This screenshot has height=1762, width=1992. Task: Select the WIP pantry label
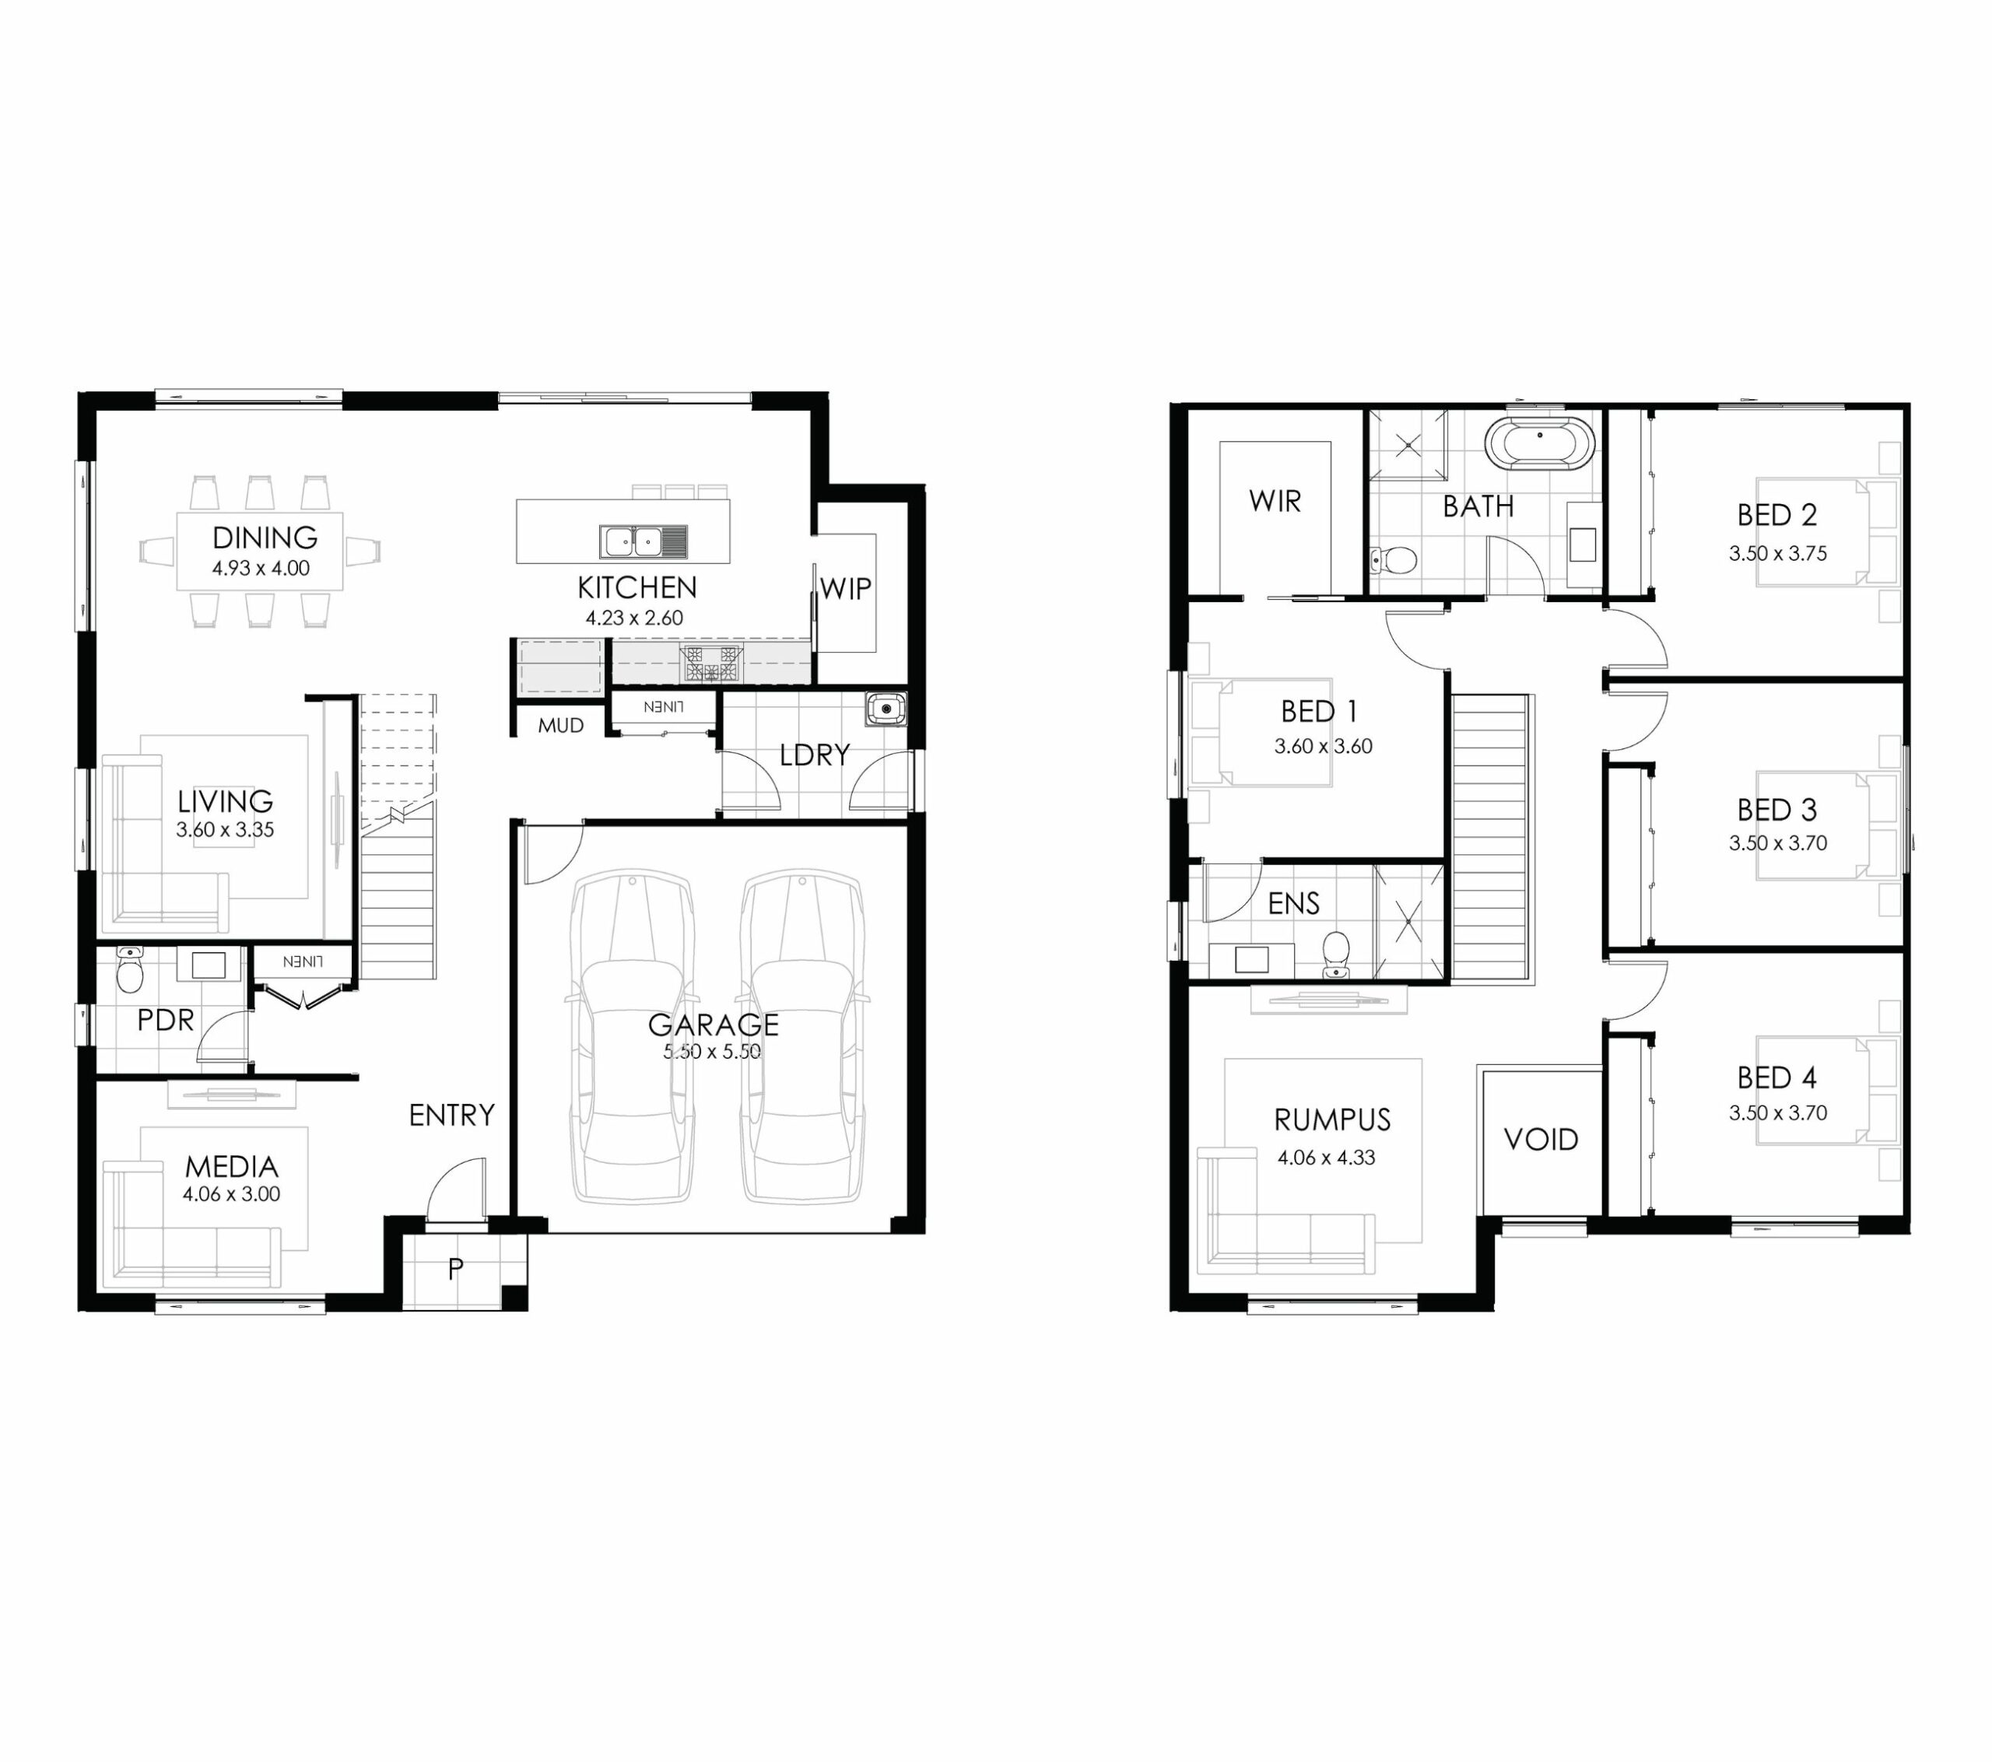pos(845,589)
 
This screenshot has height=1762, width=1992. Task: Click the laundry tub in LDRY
pos(886,709)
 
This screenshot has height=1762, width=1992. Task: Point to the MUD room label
pos(560,725)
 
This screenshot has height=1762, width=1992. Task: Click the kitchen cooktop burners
pos(710,664)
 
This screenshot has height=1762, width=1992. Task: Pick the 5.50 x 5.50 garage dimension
pos(713,1052)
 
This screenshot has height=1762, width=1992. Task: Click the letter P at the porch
pos(455,1269)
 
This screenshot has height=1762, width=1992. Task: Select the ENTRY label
pos(451,1115)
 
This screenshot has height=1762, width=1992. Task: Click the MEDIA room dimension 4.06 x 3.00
pos(231,1194)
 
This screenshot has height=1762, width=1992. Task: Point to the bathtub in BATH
pos(1540,443)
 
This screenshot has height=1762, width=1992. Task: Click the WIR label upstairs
pos(1275,501)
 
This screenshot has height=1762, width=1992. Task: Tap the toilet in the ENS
pos(1336,954)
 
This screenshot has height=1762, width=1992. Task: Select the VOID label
pos(1541,1139)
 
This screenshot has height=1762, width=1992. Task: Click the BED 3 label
pos(1776,810)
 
